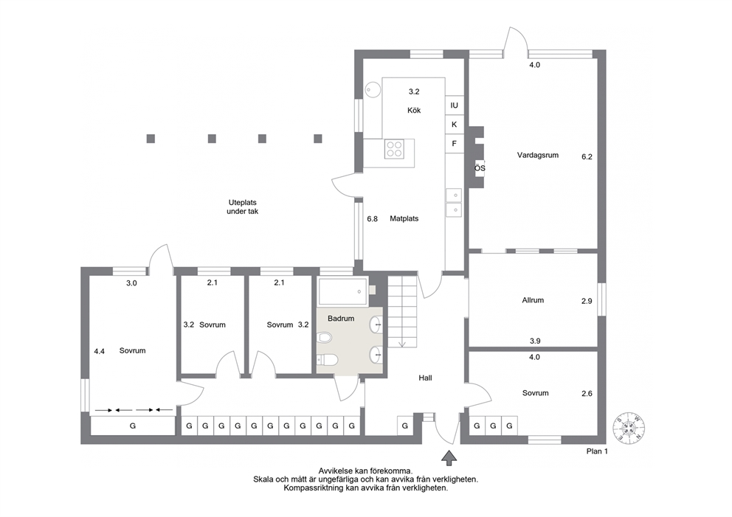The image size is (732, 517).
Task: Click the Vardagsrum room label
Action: coord(537,156)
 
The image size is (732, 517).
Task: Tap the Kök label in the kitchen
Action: coord(414,110)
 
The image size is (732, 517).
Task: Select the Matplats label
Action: coord(404,218)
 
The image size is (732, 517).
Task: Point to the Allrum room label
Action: coord(533,300)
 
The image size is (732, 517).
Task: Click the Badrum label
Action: coord(341,319)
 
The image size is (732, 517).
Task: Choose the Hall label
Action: coord(425,378)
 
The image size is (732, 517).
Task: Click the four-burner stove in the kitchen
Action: coord(394,148)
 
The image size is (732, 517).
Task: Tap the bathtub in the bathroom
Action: coord(342,291)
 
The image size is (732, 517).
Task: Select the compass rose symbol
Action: coord(629,428)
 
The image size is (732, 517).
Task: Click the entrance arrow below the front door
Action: coord(449,458)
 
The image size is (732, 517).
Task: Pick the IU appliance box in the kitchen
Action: coord(454,105)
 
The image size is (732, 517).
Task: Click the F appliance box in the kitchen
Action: coord(454,144)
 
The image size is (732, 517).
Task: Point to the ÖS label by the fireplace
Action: coord(480,168)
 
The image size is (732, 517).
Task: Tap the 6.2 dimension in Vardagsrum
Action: coord(587,157)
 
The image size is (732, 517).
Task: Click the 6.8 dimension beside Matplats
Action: coord(372,218)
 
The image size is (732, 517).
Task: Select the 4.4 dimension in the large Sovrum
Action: coord(99,352)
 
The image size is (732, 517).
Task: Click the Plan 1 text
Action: coord(597,451)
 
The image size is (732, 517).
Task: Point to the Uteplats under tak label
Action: coord(242,207)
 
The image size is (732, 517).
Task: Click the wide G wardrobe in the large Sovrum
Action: coord(133,426)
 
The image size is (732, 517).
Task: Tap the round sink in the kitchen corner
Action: coord(373,89)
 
